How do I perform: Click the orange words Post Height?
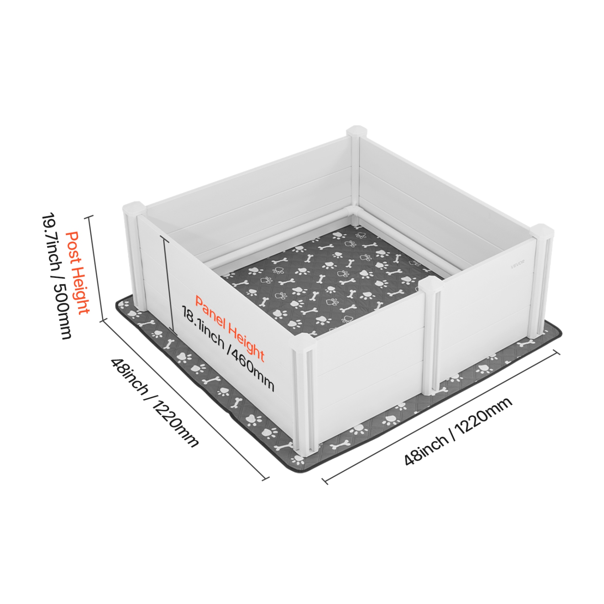(x=77, y=273)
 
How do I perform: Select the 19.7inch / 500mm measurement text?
(x=56, y=276)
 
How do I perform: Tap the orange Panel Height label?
(x=230, y=328)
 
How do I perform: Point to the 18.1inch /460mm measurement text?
(x=228, y=349)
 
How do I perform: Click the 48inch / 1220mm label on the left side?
(x=155, y=402)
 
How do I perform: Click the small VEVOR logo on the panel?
(x=517, y=266)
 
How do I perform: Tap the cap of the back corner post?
(x=356, y=132)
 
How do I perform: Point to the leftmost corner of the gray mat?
(x=117, y=304)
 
